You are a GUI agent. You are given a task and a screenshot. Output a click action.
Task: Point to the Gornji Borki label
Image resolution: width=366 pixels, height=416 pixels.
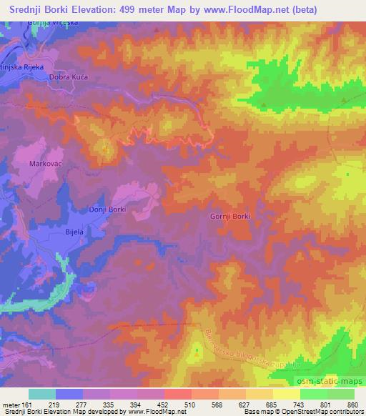pyautogui.click(x=229, y=216)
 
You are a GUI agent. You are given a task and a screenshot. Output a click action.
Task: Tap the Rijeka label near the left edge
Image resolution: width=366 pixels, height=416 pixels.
pyautogui.click(x=24, y=66)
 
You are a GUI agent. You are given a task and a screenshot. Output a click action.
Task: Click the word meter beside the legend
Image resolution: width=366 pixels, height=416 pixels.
pyautogui.click(x=11, y=404)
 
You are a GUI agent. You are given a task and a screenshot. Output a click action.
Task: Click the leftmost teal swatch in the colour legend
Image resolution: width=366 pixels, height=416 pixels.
pyautogui.click(x=42, y=394)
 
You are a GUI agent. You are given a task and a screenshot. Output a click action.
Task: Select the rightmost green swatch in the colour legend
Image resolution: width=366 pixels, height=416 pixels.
pyautogui.click(x=341, y=394)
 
